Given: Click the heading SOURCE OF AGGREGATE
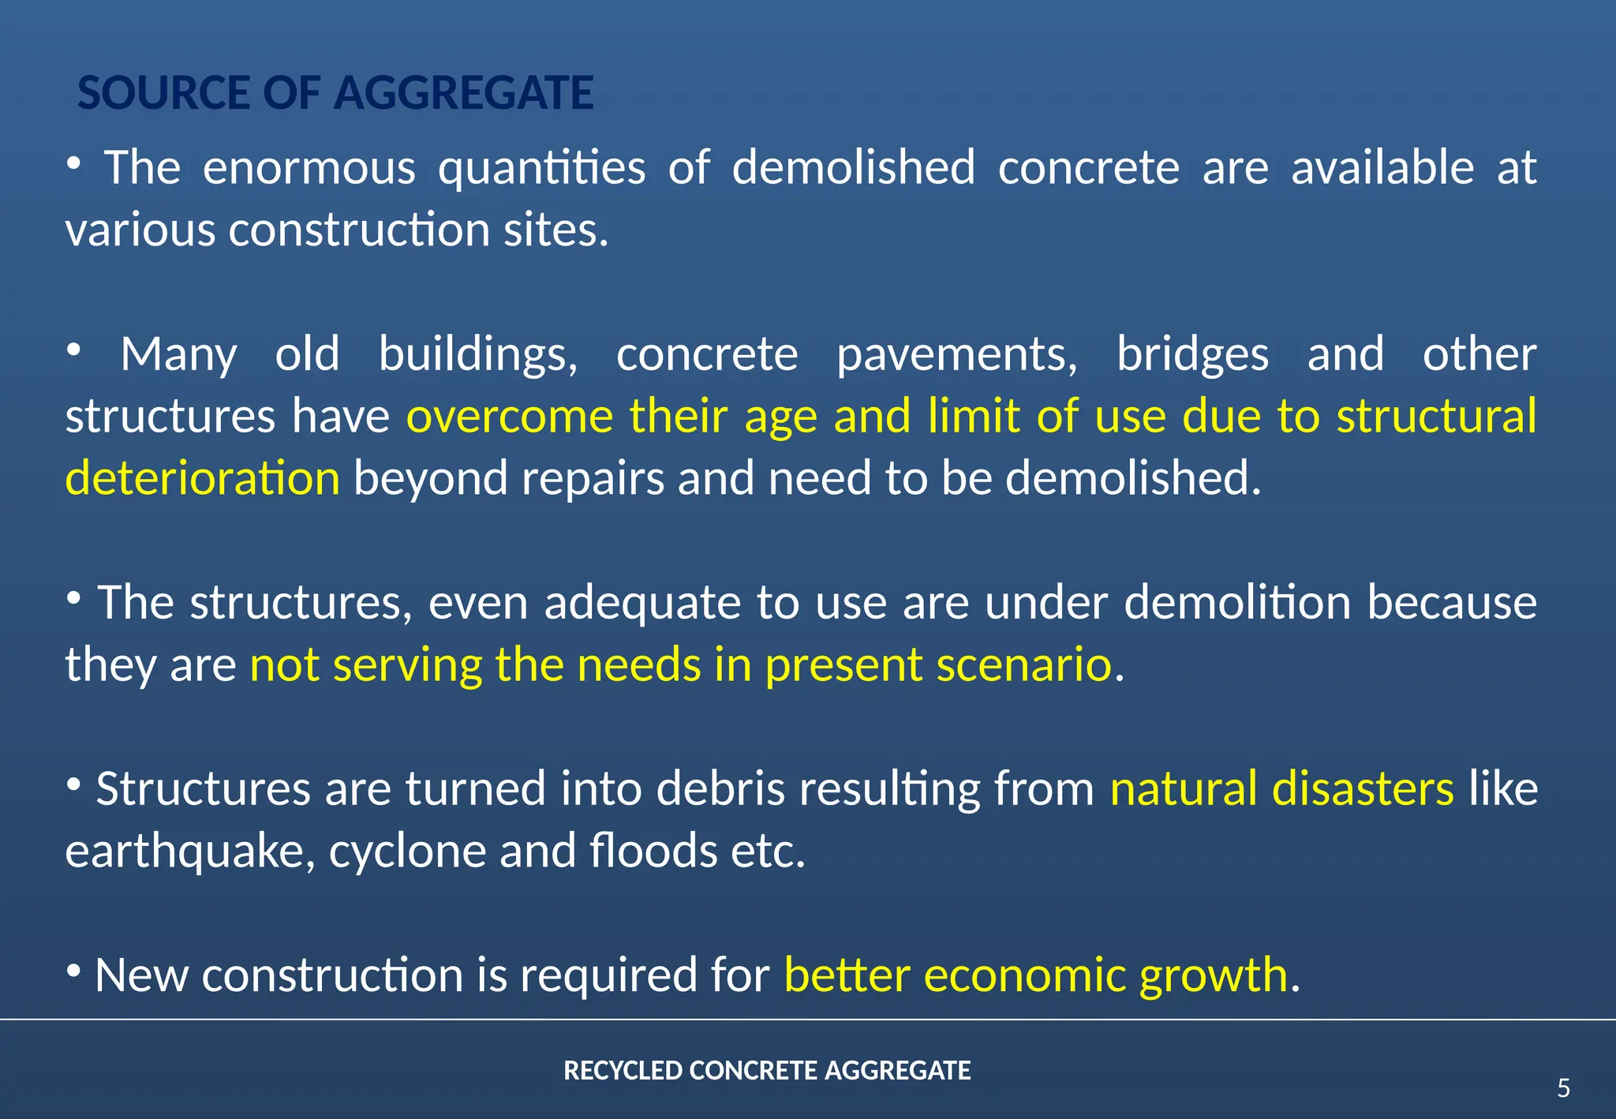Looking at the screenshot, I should (335, 93).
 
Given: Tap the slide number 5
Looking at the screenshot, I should (1563, 1089).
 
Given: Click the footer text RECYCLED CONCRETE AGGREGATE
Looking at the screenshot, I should (767, 1071).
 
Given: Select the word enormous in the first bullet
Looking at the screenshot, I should (309, 168).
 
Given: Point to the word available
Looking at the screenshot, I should (1382, 168).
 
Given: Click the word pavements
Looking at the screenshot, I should (956, 354).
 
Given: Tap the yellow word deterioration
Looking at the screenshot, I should (203, 478).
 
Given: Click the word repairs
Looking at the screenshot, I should (593, 480).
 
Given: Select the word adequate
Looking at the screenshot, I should (642, 604).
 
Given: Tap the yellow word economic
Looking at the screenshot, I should (1024, 975).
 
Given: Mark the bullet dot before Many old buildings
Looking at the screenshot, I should (73, 349).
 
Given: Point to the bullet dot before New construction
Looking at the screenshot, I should (73, 970).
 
